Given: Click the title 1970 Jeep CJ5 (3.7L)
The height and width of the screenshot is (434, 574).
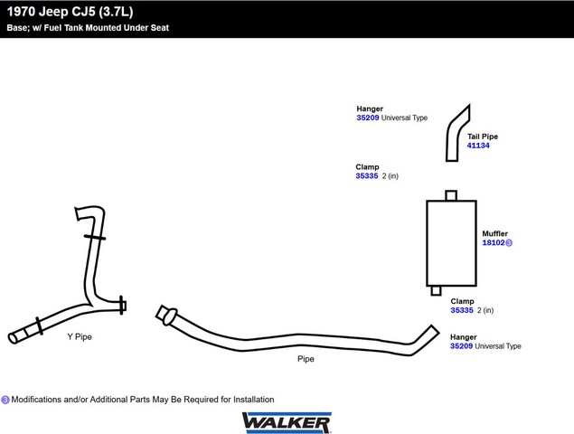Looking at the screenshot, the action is point(70,12).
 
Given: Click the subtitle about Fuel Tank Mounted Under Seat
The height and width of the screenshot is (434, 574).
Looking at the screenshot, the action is point(88,28).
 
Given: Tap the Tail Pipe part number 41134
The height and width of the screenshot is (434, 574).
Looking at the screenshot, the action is point(478,146).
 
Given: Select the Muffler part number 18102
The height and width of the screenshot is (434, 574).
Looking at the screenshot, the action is point(494,242).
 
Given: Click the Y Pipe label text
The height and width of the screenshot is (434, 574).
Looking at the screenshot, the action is point(80,336).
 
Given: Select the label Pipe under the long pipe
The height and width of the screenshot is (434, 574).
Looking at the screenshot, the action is point(306,359).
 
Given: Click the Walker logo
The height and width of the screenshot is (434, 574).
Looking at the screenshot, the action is point(287,422).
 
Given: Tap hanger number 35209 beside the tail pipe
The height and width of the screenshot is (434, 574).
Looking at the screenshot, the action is point(368,118).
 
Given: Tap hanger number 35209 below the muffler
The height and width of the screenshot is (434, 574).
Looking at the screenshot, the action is point(461,346).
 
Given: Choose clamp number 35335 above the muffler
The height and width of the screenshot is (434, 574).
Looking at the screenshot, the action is point(367,175).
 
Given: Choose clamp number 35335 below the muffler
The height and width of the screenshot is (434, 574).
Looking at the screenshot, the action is point(462,310).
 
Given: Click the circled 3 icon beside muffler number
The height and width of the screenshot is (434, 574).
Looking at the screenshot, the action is point(509,242).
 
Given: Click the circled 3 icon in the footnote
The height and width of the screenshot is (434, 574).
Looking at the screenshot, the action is point(5,400).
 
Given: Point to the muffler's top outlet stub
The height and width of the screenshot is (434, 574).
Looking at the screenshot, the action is point(451,195).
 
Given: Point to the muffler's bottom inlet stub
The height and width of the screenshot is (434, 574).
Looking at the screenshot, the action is point(436,290).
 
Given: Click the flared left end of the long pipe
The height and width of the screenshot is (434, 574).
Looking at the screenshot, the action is point(166,316).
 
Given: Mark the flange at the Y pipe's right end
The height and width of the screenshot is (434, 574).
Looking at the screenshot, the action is point(123,305).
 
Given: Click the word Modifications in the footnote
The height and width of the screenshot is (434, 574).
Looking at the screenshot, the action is point(36,400).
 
